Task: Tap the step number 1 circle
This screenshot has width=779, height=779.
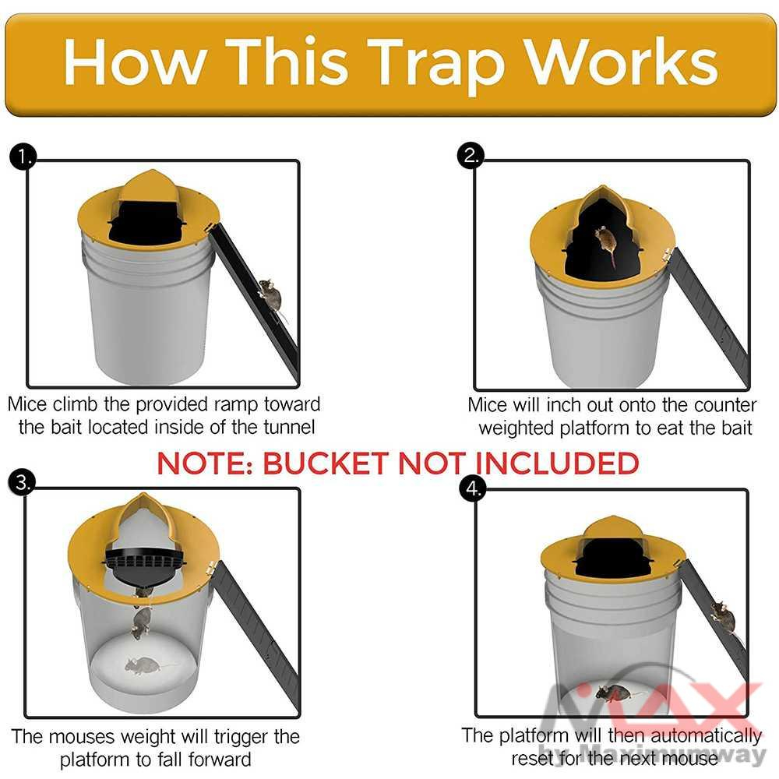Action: click(23, 158)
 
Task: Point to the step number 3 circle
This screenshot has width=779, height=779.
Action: click(23, 483)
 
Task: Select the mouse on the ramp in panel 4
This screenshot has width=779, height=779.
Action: click(723, 617)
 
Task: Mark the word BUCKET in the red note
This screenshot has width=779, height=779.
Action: click(328, 464)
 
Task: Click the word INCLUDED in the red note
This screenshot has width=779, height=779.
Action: click(557, 464)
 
